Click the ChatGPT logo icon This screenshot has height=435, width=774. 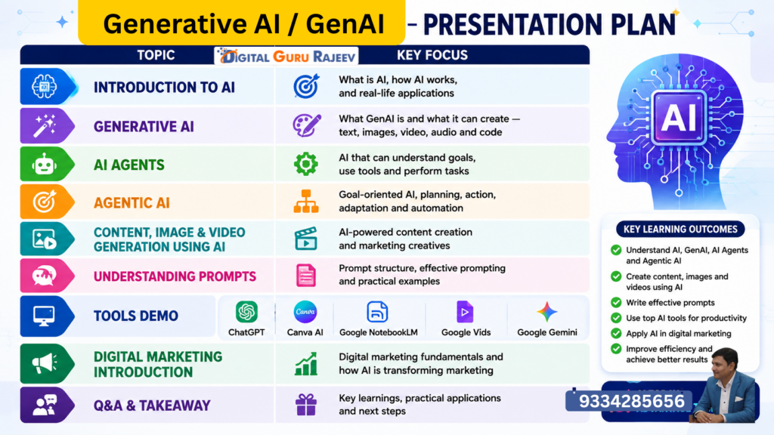click(x=246, y=312)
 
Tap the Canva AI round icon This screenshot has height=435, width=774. click(x=305, y=312)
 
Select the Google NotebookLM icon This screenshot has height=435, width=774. click(x=378, y=312)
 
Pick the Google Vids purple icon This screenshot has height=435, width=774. click(x=465, y=312)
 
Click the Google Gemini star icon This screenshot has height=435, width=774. click(x=547, y=312)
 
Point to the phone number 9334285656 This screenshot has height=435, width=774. click(x=631, y=401)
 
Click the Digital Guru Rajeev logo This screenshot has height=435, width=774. click(x=286, y=56)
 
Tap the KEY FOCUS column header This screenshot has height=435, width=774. click(x=432, y=55)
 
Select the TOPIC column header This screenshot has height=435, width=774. click(x=156, y=55)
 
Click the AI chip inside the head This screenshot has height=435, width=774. click(x=680, y=118)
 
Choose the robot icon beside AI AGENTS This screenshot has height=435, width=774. click(x=45, y=164)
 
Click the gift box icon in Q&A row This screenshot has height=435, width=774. click(x=306, y=405)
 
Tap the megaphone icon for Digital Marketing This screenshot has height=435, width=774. click(x=45, y=363)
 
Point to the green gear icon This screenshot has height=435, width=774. click(x=306, y=164)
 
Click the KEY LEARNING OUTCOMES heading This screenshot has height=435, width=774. click(x=680, y=230)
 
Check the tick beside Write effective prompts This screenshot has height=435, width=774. click(x=616, y=302)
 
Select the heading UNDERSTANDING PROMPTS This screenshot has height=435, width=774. click(x=175, y=276)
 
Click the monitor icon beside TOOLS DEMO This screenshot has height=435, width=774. click(x=44, y=316)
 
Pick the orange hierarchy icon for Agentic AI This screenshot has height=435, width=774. click(x=306, y=201)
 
